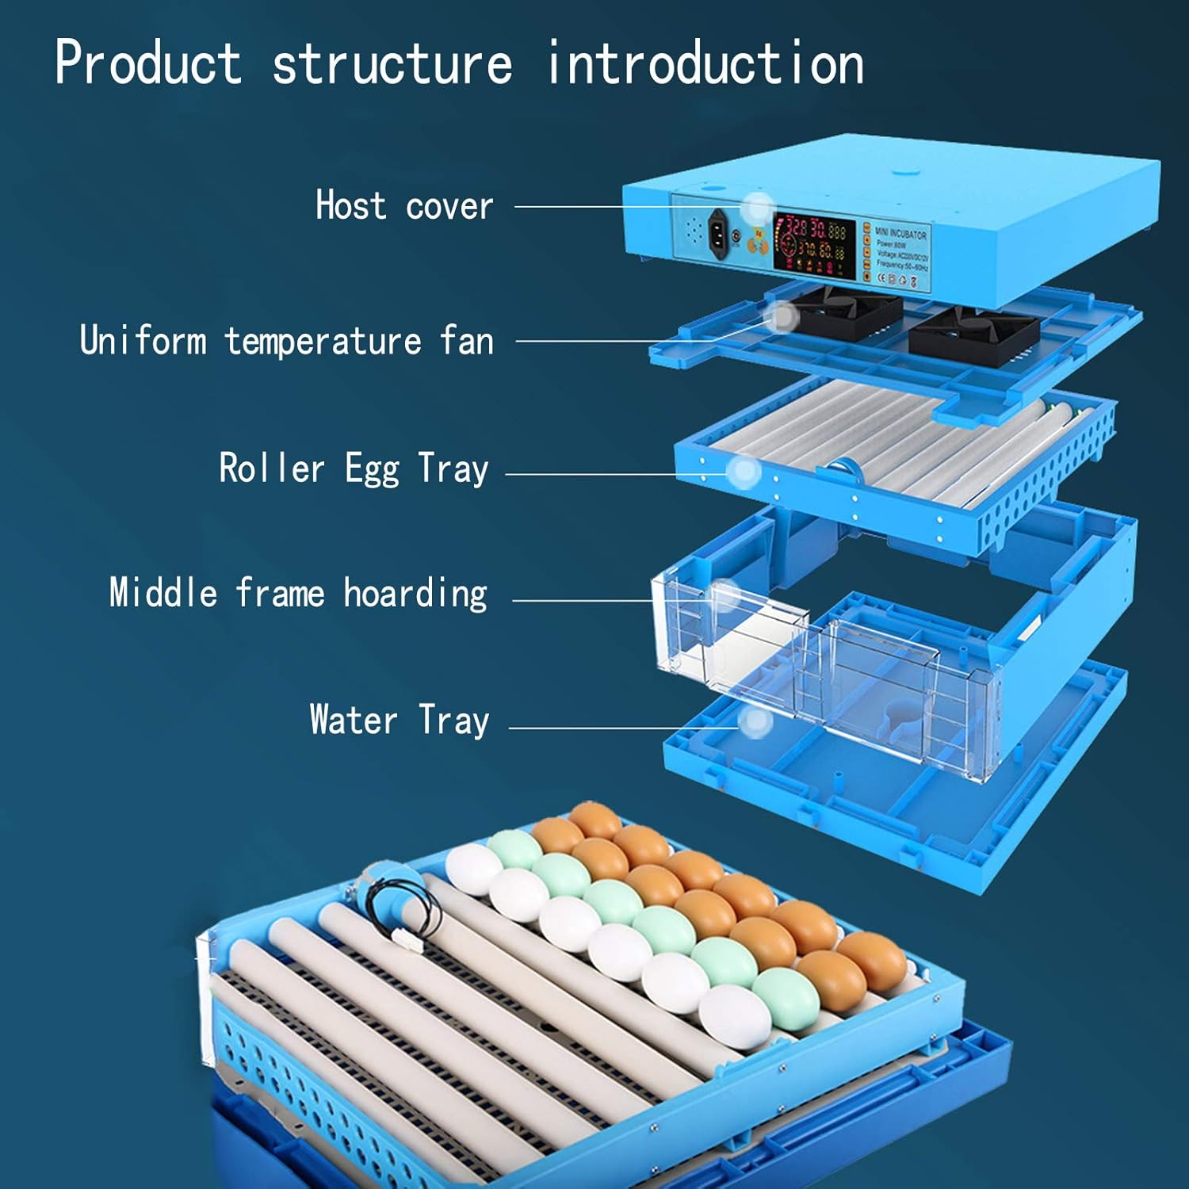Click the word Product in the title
(148, 63)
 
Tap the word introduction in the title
(705, 63)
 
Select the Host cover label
(404, 206)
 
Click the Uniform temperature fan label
(287, 341)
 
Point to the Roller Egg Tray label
(354, 468)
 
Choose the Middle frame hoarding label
(298, 594)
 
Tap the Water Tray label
(400, 721)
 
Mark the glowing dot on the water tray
(755, 721)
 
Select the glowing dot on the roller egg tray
(744, 472)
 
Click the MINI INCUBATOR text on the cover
(900, 234)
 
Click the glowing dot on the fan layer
(782, 317)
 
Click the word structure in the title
(392, 63)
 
